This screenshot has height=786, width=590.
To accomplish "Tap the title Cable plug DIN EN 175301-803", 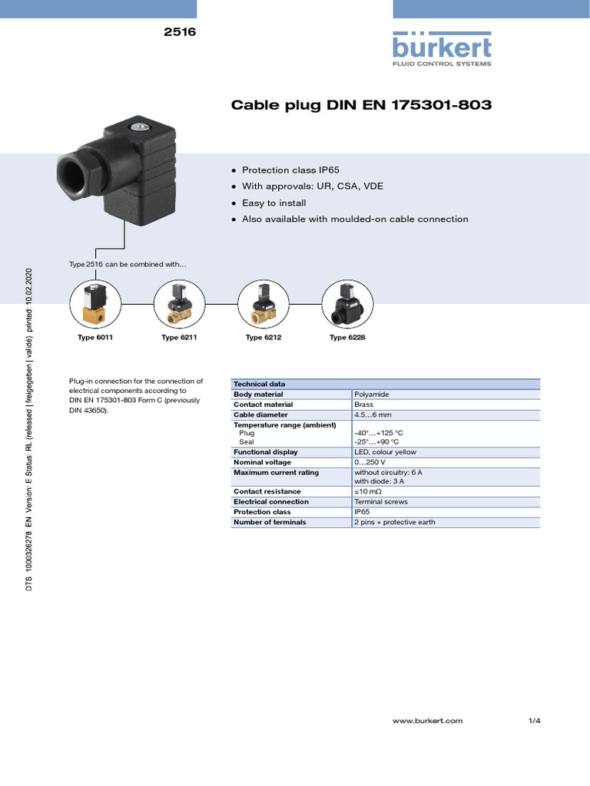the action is pos(361,104).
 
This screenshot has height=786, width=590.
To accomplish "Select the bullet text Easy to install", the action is pos(273,203).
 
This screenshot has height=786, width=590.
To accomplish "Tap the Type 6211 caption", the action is pos(180,338).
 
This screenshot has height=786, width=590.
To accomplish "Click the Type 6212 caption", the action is pos(264,338).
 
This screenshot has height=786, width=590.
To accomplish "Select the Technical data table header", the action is pos(260,384).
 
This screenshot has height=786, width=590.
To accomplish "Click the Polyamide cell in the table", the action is pos(372,395).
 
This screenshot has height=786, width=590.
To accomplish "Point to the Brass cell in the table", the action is pos(363,405).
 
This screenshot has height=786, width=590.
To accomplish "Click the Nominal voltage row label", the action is pos(262,463).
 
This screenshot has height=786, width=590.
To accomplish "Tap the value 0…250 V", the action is pos(370,463).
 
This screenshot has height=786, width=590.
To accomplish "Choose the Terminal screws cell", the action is pos(380,502).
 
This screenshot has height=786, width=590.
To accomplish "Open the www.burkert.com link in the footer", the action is pos(427,721).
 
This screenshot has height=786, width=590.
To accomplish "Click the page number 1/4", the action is pos(535,721).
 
